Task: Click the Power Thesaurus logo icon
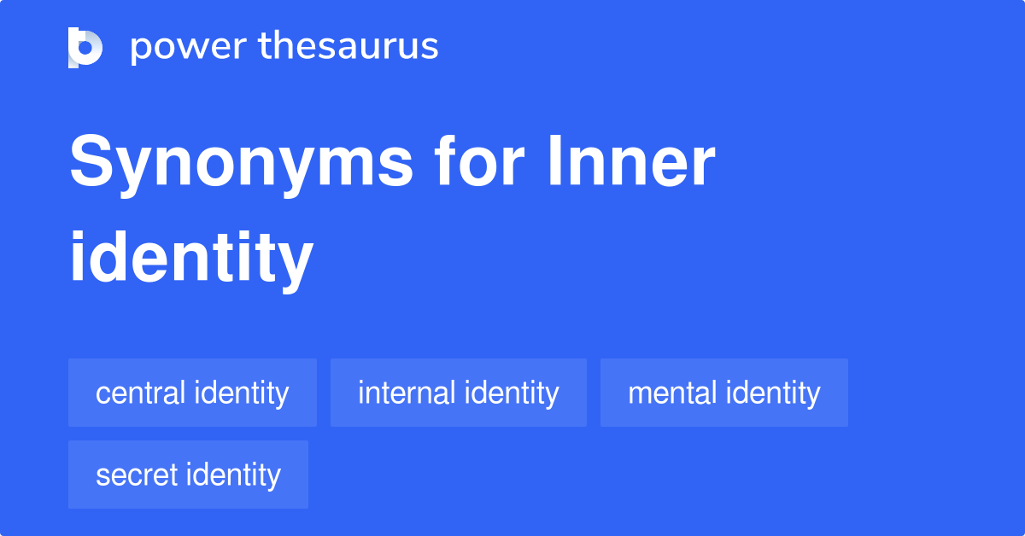(85, 47)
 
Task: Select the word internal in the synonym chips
(407, 393)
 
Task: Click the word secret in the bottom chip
(136, 475)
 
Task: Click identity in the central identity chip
(242, 393)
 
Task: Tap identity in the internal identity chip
(512, 393)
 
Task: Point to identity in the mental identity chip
(773, 393)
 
